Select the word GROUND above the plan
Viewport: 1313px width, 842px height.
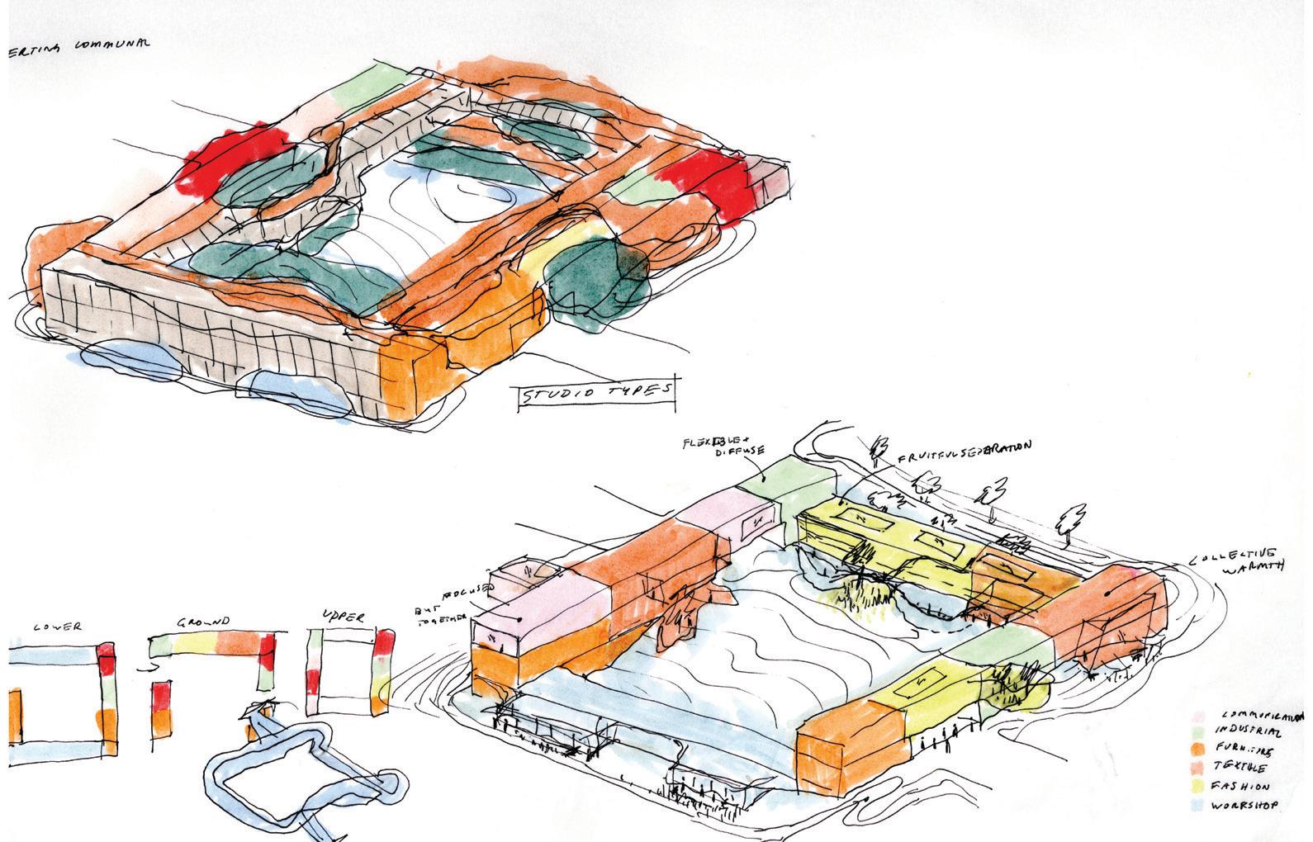(x=205, y=622)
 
